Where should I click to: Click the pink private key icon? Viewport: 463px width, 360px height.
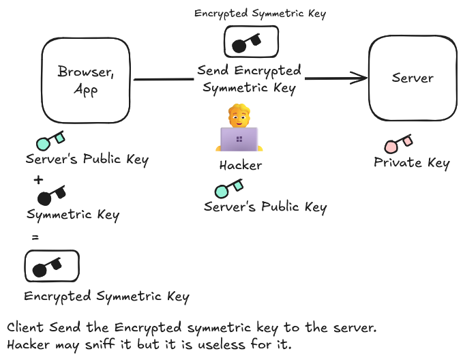[x=398, y=144]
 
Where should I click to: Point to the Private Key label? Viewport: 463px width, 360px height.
[x=412, y=163]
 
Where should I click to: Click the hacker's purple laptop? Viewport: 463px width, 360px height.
[x=239, y=139]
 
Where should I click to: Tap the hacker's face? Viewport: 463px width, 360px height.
[x=239, y=116]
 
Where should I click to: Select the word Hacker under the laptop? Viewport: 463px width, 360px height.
[x=241, y=165]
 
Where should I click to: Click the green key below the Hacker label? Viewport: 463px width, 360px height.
[x=229, y=188]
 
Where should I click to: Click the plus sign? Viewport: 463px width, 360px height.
[x=38, y=179]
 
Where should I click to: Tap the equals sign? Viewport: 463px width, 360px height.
[x=35, y=237]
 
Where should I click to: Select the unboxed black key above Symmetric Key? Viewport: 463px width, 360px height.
[x=51, y=195]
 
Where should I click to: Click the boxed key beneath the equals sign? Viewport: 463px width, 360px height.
[x=52, y=266]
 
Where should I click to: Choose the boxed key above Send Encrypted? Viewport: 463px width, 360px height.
[x=252, y=42]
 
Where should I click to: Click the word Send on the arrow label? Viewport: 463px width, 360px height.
[x=213, y=70]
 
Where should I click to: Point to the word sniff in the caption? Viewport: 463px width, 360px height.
[x=100, y=344]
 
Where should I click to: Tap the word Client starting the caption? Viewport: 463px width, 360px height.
[x=25, y=327]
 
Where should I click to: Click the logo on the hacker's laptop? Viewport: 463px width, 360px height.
[x=239, y=139]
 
